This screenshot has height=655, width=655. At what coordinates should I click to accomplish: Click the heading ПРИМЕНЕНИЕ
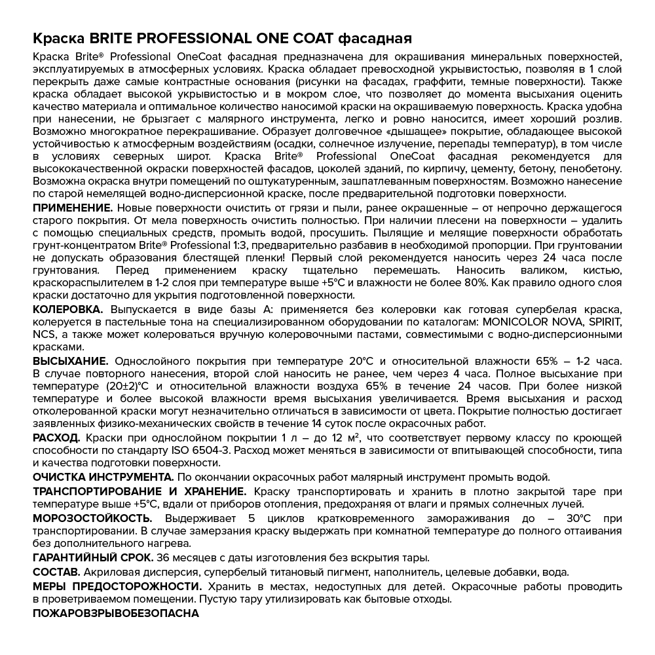coord(73,208)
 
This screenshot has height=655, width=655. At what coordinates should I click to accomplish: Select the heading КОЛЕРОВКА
coord(69,310)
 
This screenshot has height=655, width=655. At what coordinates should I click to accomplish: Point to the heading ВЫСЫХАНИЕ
coord(70,361)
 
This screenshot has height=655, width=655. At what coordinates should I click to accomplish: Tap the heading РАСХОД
coord(56,438)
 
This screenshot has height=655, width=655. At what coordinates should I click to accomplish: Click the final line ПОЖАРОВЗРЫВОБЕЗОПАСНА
coord(115,614)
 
